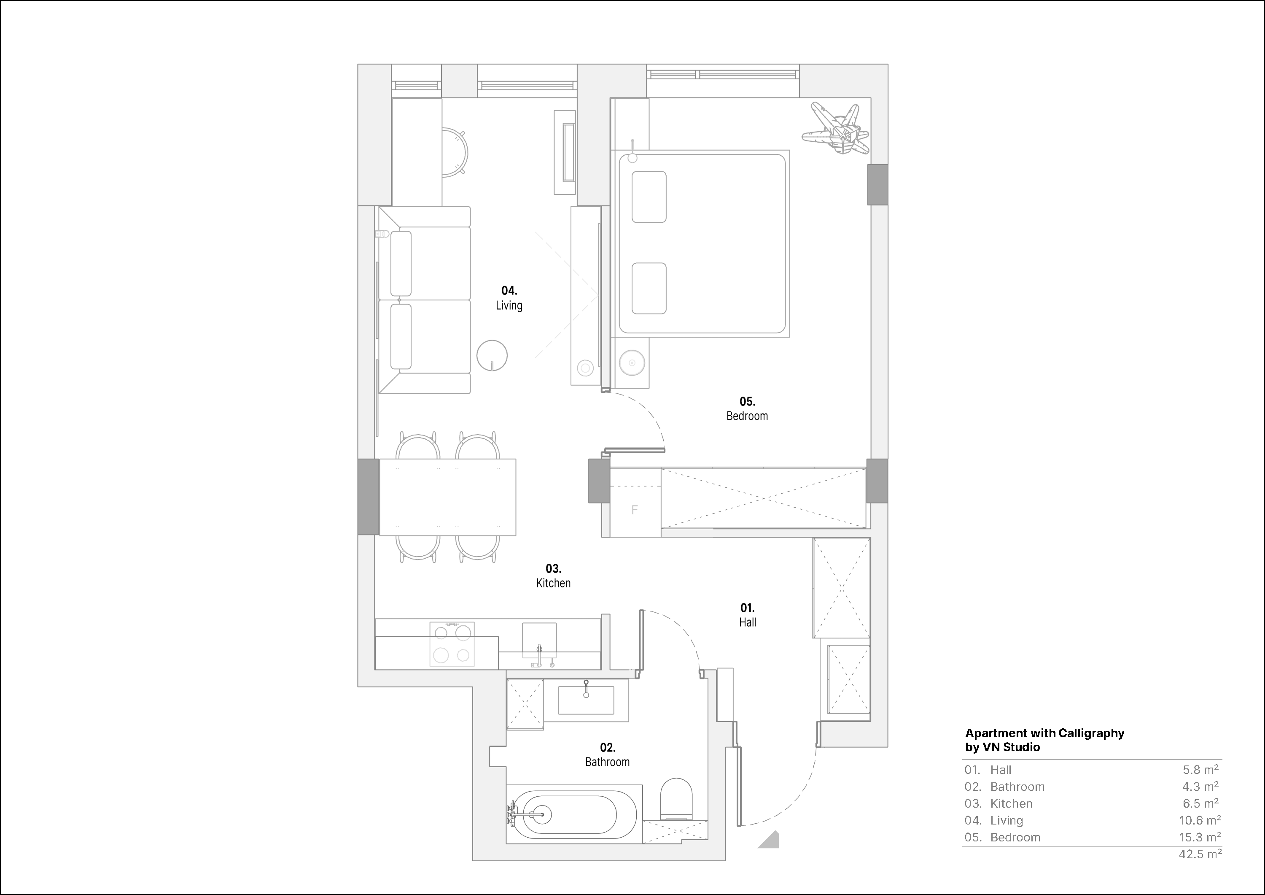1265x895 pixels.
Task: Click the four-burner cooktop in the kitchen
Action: [x=452, y=644]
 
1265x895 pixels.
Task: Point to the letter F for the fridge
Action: [x=634, y=510]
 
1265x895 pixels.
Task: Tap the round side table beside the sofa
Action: [x=492, y=355]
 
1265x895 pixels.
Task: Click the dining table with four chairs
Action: [x=447, y=497]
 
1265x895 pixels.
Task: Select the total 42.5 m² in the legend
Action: [x=1200, y=854]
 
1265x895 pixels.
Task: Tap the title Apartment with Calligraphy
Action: [x=1044, y=733]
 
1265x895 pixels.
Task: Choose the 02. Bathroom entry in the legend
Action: [x=1004, y=787]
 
